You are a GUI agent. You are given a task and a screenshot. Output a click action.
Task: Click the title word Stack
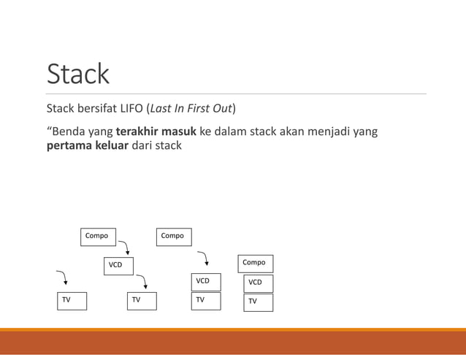(77, 74)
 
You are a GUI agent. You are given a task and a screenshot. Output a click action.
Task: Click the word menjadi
(323, 131)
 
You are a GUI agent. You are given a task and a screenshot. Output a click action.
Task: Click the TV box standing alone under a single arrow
(72, 300)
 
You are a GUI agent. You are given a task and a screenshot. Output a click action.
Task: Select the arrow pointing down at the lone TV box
(64, 277)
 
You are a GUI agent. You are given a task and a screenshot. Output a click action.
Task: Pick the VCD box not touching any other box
(118, 265)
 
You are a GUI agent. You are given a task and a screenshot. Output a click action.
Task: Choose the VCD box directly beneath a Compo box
(258, 283)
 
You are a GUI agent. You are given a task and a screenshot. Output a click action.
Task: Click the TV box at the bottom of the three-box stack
(258, 302)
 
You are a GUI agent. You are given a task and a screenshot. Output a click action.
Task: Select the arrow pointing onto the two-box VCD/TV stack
(205, 258)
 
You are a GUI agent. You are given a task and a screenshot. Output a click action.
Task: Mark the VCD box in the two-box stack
(206, 281)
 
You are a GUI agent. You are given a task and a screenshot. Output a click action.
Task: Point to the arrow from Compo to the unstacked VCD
(125, 246)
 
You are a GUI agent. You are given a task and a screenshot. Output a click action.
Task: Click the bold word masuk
(179, 131)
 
